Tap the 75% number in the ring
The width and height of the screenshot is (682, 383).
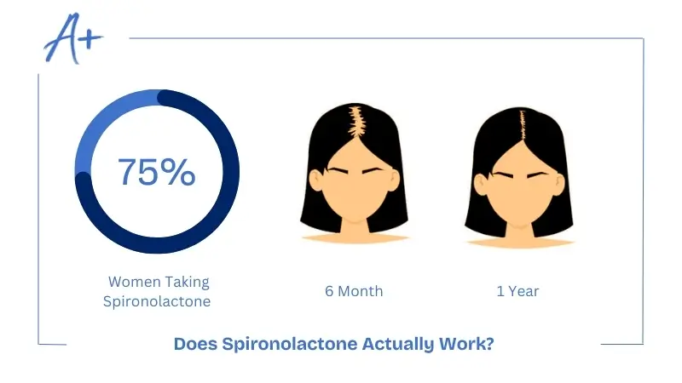(156, 172)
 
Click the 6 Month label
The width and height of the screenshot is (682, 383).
(354, 291)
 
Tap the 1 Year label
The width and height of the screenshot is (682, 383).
(517, 291)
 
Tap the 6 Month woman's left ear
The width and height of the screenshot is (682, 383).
(315, 180)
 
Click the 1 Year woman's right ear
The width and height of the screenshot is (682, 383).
(557, 180)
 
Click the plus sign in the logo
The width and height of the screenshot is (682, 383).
(91, 41)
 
